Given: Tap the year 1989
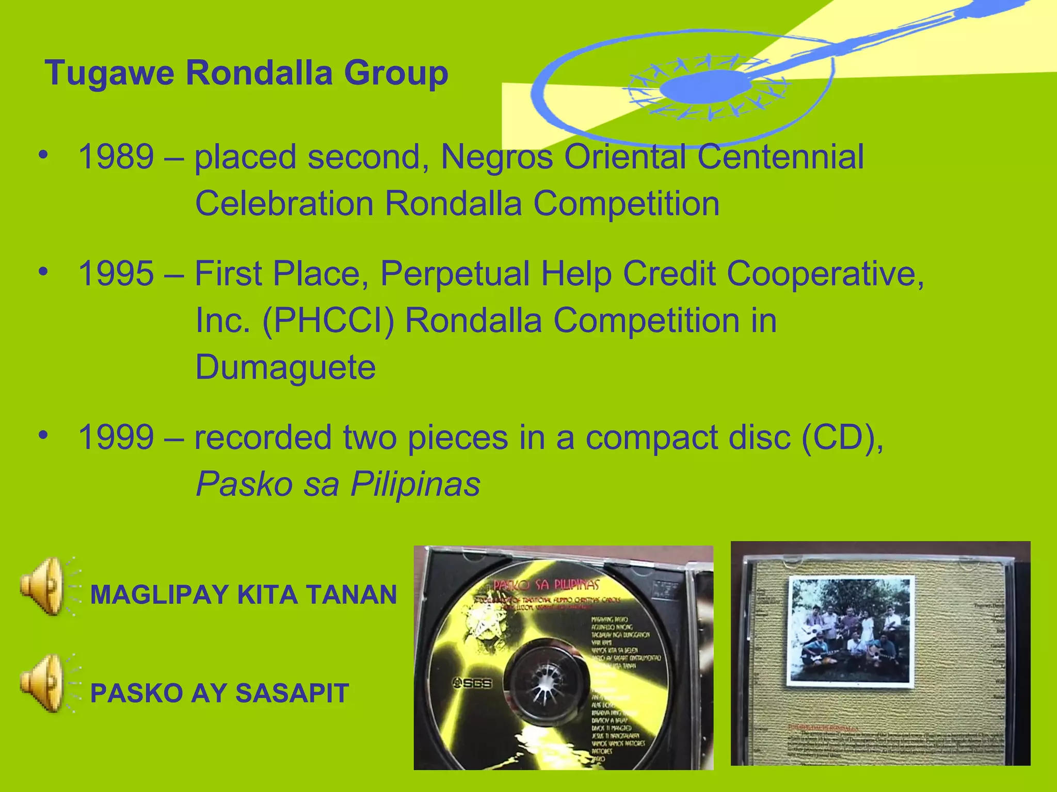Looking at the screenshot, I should (116, 157).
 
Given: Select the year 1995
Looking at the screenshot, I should (116, 273).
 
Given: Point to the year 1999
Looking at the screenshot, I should (116, 437).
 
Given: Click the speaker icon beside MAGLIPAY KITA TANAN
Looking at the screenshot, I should (43, 586).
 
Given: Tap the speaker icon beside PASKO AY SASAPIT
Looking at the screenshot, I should (43, 684).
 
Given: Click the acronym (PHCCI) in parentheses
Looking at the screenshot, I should (328, 321).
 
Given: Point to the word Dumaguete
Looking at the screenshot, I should (285, 367).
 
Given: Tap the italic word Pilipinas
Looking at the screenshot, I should (415, 484).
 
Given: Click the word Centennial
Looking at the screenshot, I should (780, 157).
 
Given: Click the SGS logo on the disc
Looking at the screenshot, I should (472, 683).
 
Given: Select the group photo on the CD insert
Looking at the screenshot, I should (851, 632).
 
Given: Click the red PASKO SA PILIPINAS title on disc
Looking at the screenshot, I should (546, 585).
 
